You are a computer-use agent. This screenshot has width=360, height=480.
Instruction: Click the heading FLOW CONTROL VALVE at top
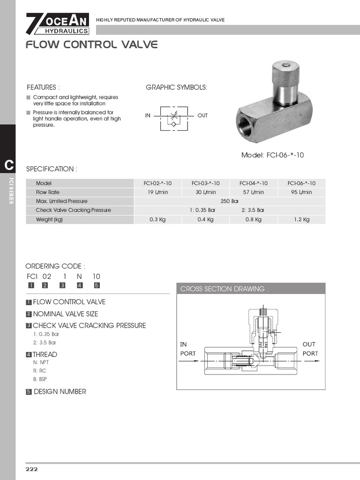[x=91, y=45]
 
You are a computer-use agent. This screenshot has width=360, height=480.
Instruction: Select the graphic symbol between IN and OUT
[x=174, y=116]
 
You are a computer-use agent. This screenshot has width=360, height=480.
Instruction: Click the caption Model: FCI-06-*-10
[x=272, y=155]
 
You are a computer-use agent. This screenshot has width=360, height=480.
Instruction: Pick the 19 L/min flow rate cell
[x=158, y=192]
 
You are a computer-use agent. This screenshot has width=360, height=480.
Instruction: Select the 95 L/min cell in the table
[x=301, y=192]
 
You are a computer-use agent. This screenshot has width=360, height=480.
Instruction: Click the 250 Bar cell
[x=230, y=201]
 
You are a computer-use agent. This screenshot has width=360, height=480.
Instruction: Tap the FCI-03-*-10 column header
[x=206, y=183]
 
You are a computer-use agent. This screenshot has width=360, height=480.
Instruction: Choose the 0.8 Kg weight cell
[x=254, y=219]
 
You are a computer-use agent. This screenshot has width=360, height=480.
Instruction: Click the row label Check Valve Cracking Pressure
[x=74, y=210]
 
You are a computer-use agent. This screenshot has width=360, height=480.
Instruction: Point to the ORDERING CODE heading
[x=55, y=266]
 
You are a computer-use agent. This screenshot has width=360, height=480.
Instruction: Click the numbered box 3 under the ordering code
[x=62, y=285]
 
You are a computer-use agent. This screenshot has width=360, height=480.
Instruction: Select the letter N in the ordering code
[x=79, y=277]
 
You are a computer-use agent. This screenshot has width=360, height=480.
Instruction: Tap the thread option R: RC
[x=40, y=370]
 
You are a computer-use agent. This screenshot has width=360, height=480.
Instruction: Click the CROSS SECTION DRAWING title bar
[x=251, y=289]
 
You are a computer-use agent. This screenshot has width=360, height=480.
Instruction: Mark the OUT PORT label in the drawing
[x=310, y=349]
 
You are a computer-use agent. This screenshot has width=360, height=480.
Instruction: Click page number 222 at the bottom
[x=31, y=469]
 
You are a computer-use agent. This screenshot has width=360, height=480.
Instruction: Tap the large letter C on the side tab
[x=8, y=165]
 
